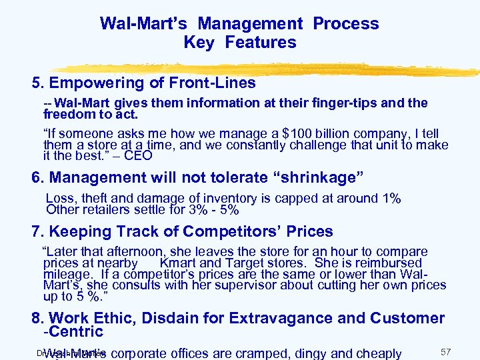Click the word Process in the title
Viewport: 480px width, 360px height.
[346, 23]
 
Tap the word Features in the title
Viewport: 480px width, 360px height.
[261, 43]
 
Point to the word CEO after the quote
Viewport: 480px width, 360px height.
[139, 156]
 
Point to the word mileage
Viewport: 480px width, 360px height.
[65, 274]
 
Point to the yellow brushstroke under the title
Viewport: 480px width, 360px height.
[267, 65]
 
